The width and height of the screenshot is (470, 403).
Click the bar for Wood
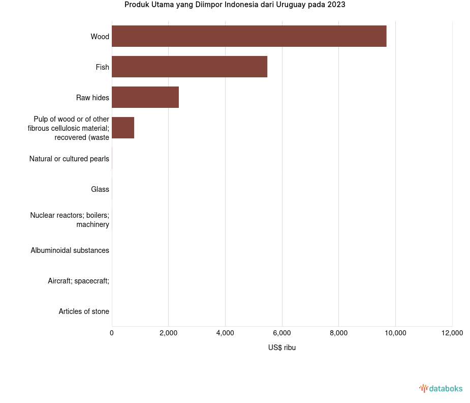[249, 36]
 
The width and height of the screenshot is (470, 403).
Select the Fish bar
[190, 67]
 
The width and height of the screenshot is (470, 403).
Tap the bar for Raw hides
[145, 97]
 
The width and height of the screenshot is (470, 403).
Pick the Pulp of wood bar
[123, 128]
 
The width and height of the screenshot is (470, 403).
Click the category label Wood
[100, 37]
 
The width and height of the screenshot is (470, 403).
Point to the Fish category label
[103, 67]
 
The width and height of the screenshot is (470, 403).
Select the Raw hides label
[93, 98]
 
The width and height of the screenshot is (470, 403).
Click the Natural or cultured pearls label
[69, 159]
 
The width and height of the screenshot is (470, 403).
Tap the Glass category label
[100, 189]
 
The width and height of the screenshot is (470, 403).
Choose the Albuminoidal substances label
[70, 250]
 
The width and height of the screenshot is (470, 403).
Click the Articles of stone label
[84, 311]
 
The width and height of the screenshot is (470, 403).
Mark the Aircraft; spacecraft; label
[79, 281]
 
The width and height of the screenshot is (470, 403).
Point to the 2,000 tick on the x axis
[168, 333]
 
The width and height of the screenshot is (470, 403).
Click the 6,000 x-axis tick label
[282, 333]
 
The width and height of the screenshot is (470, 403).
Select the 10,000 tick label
[395, 333]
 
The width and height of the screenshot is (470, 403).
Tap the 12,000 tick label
[452, 333]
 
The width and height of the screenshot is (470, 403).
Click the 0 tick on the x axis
[112, 333]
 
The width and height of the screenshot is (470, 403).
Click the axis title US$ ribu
[282, 348]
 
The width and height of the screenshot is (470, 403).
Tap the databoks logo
[441, 389]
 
